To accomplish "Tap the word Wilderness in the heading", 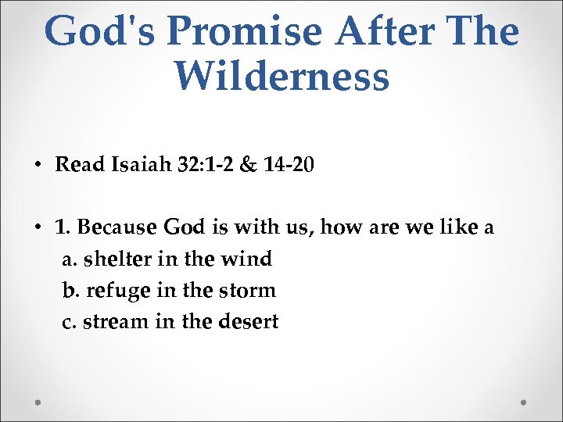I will (281, 77).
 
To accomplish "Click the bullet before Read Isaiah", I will (38, 166).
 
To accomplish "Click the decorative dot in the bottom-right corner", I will (523, 402).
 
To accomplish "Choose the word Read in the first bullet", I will (74, 166).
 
